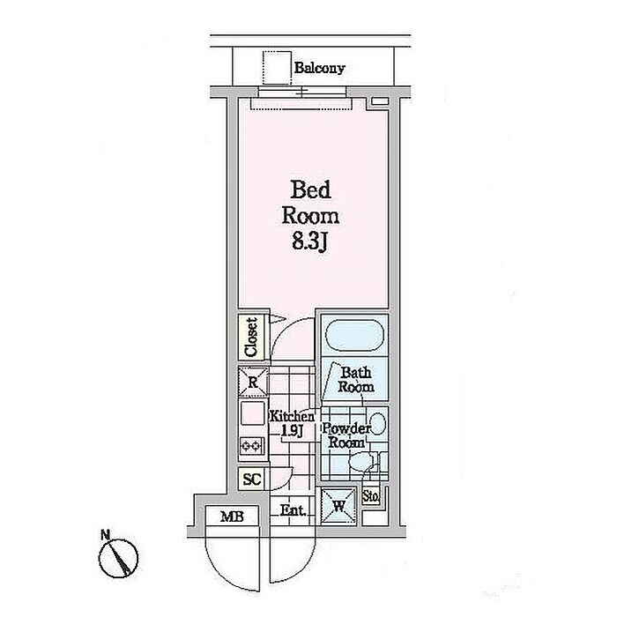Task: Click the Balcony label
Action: click(x=319, y=68)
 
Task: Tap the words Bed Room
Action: click(x=310, y=202)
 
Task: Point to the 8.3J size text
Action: click(x=310, y=242)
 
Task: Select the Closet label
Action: click(x=250, y=337)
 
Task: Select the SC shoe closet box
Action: click(x=250, y=480)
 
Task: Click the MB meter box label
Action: click(x=220, y=517)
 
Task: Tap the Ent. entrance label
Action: click(x=293, y=509)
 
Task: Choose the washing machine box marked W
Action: click(x=338, y=506)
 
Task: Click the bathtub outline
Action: click(x=353, y=337)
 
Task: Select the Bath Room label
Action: click(x=356, y=381)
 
